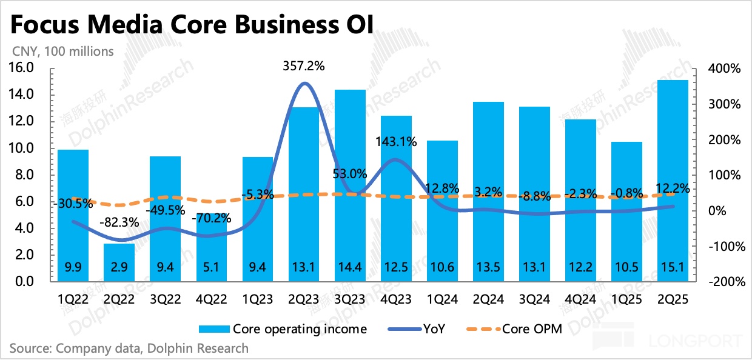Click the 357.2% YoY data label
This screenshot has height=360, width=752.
coord(303,67)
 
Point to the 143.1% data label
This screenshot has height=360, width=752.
coord(396,142)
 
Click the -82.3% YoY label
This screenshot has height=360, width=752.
coord(119,222)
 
